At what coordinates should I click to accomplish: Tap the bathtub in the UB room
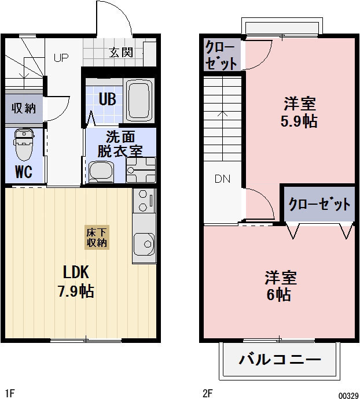(x=139, y=99)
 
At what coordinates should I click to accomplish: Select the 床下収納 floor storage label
(x=97, y=237)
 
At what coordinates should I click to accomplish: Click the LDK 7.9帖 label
(x=76, y=281)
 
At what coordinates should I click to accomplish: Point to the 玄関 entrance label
(x=122, y=53)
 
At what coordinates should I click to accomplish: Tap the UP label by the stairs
(x=61, y=57)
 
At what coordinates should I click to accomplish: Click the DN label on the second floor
(x=222, y=179)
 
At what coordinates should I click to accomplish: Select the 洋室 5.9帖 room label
(x=299, y=113)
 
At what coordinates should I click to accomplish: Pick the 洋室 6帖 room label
(x=281, y=286)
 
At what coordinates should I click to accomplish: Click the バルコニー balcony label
(x=280, y=360)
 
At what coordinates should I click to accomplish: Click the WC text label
(x=23, y=172)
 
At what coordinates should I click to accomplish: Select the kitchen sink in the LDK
(x=144, y=242)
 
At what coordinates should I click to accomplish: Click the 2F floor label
(x=208, y=393)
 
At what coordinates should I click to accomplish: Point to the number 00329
(x=347, y=394)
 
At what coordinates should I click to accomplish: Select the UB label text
(x=107, y=99)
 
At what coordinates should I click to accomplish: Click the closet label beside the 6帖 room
(x=319, y=205)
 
